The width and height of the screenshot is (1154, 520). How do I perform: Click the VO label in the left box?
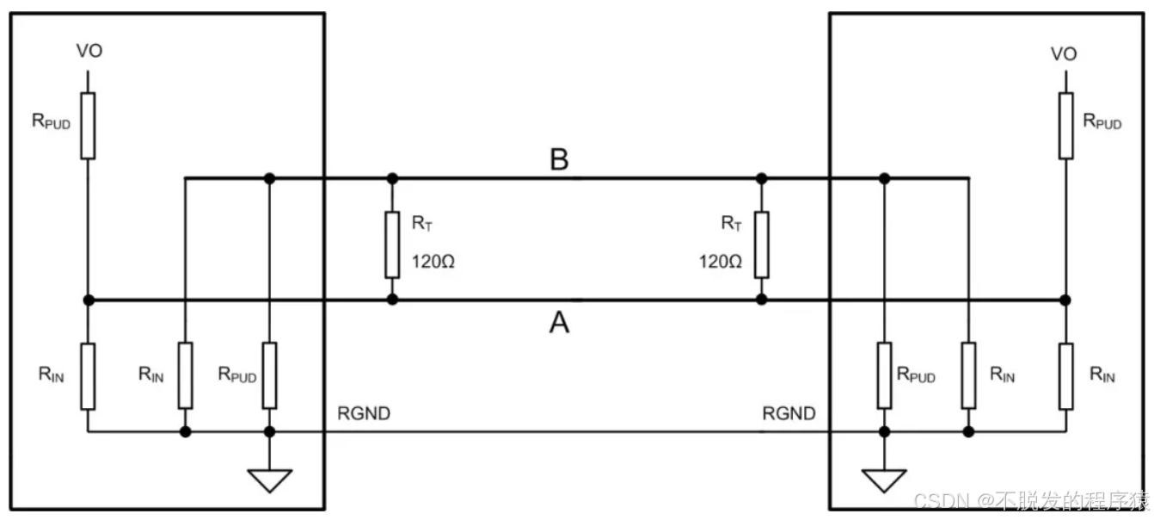pos(89,52)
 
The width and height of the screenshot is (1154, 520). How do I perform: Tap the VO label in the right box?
pos(1064,54)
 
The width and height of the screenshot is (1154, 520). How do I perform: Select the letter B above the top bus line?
pos(559,160)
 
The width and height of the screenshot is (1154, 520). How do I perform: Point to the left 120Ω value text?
pos(433,261)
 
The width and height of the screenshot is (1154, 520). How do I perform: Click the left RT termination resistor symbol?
pos(392,244)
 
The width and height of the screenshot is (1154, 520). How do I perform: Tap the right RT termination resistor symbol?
pos(761,244)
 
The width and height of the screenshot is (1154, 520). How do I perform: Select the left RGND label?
pos(365,414)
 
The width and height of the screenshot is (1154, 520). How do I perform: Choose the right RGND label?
pos(789,414)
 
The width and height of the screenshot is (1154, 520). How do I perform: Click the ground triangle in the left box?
pos(270,480)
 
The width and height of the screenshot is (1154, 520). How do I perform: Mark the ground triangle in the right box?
pos(884,480)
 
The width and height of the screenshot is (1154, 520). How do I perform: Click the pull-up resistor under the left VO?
pos(88,126)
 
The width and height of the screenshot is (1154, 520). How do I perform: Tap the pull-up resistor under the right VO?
pos(1065,126)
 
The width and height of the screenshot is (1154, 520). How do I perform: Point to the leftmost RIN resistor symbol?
pos(88,375)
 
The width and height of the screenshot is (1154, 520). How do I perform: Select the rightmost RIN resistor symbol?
pos(1065,375)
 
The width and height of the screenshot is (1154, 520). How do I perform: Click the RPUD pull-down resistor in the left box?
pos(270,375)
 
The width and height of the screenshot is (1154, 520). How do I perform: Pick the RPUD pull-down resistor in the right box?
pos(884,375)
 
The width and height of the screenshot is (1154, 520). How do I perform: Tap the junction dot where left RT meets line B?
pos(392,178)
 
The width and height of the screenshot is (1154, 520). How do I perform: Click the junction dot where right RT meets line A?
pos(761,300)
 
